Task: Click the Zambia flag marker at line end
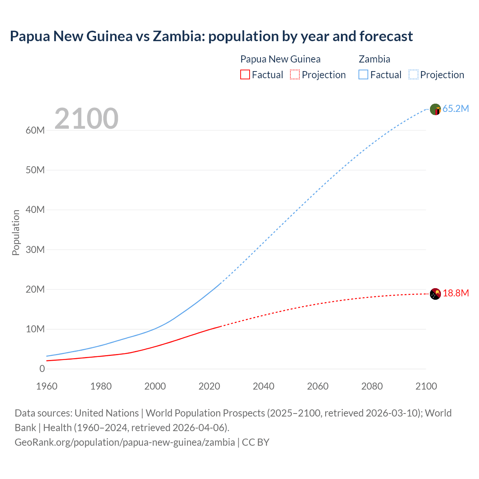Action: [435, 109]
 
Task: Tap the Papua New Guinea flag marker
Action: [435, 294]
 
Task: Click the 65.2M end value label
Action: [455, 109]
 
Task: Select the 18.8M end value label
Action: [455, 293]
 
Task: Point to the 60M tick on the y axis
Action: [35, 130]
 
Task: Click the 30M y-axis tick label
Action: [35, 250]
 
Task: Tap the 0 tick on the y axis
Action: [42, 369]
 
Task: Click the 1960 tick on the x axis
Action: [47, 386]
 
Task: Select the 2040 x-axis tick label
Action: [263, 386]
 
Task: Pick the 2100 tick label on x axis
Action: [426, 386]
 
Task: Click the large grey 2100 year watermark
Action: [86, 119]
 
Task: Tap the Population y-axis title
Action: [16, 232]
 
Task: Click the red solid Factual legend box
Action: [245, 74]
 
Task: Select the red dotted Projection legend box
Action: [295, 74]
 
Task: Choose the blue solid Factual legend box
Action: [363, 74]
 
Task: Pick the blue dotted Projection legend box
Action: [414, 74]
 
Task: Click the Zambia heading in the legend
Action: [374, 59]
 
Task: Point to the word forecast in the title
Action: [386, 36]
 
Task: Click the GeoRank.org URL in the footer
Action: [125, 442]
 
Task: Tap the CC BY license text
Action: [256, 442]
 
